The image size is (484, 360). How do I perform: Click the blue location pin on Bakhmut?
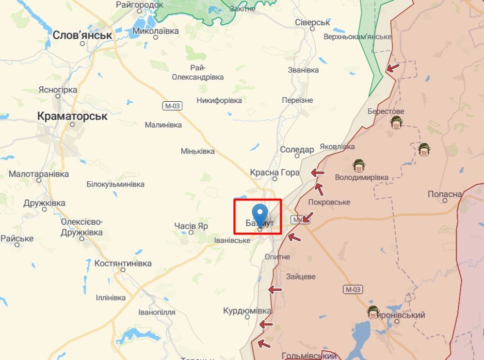[x=260, y=215]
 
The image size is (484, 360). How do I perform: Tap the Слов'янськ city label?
[x=83, y=35]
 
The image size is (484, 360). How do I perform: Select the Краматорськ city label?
[x=73, y=116]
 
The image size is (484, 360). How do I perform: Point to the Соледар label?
[x=297, y=150]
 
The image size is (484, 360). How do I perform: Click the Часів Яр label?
[x=191, y=226]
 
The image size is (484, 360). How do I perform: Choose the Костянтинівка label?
[x=123, y=263]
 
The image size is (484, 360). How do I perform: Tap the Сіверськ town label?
[x=312, y=23]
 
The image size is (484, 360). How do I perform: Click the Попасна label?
[x=445, y=194]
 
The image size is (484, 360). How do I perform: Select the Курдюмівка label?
[x=247, y=311]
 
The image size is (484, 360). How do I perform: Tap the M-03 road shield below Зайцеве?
[x=352, y=289]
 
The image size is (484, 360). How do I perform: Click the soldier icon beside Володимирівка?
[x=359, y=166]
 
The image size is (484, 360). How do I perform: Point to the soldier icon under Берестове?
[x=396, y=122]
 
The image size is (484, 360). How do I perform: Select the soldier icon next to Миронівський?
[x=373, y=312]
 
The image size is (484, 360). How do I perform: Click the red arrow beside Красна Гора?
[x=318, y=173]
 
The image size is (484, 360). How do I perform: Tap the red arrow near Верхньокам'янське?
[x=393, y=68]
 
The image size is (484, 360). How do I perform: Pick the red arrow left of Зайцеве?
[x=275, y=290]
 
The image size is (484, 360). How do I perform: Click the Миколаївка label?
[x=156, y=31]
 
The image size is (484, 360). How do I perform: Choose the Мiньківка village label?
[x=198, y=151]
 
